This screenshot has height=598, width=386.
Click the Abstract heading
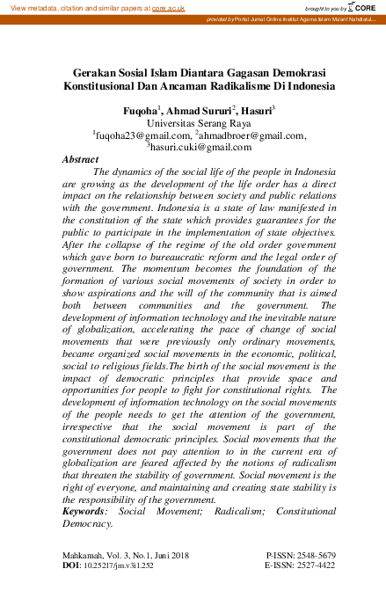coord(80,160)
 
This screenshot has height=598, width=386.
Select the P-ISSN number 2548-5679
coord(310,557)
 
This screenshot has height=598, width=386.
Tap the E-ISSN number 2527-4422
coord(310,568)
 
